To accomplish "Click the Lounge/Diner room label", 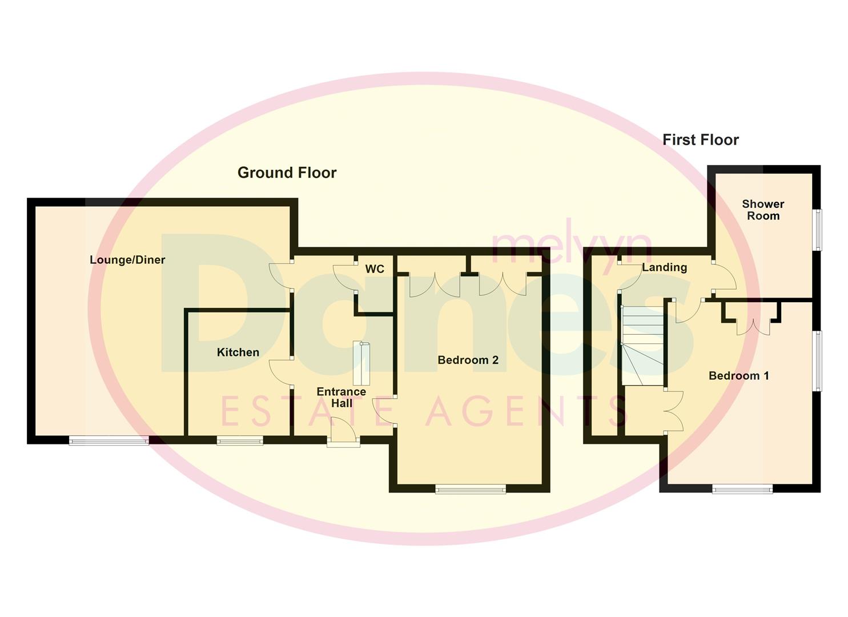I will pyautogui.click(x=127, y=260).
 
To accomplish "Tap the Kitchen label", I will pyautogui.click(x=238, y=352).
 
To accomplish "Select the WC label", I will pyautogui.click(x=375, y=269).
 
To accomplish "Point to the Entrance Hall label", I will pyautogui.click(x=341, y=397).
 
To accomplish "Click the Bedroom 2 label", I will pyautogui.click(x=468, y=360).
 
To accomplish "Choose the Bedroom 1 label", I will pyautogui.click(x=738, y=375).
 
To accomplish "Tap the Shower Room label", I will pyautogui.click(x=763, y=210).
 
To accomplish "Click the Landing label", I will pyautogui.click(x=664, y=267).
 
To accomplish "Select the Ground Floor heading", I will pyautogui.click(x=287, y=173).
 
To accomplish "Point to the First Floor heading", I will pyautogui.click(x=700, y=140).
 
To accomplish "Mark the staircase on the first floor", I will pyautogui.click(x=642, y=345).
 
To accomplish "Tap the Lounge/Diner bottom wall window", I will pyautogui.click(x=108, y=440).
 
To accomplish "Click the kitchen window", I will pyautogui.click(x=240, y=440).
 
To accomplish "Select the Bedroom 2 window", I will pyautogui.click(x=470, y=488).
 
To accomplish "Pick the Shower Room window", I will pyautogui.click(x=818, y=230).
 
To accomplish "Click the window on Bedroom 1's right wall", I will pyautogui.click(x=818, y=361).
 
